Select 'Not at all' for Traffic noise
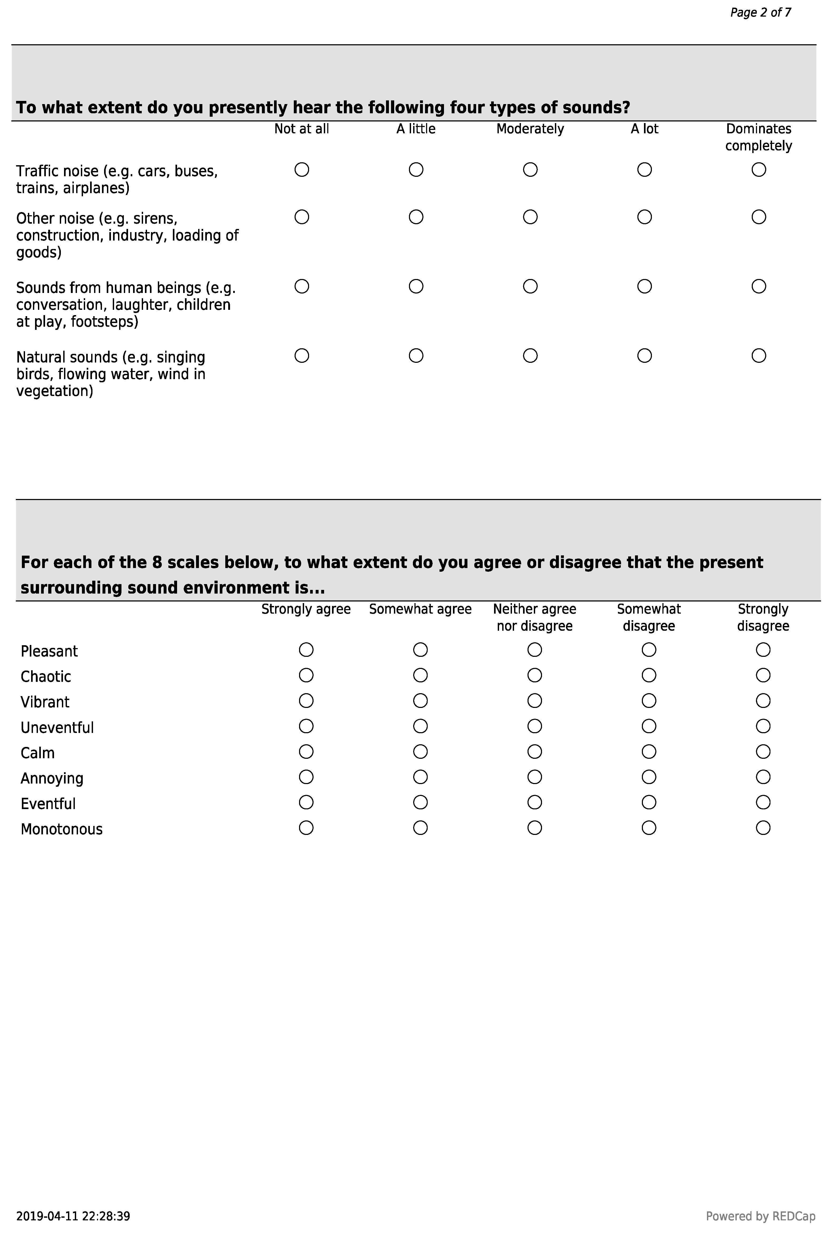(x=302, y=170)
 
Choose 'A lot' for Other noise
(x=644, y=217)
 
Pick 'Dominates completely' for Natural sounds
(x=759, y=356)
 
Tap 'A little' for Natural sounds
(x=416, y=356)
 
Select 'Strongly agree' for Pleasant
(x=306, y=650)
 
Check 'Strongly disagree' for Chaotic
(x=763, y=675)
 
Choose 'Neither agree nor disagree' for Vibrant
(x=535, y=701)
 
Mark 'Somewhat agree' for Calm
(x=420, y=751)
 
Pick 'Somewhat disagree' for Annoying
(x=649, y=777)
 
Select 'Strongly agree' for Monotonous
(x=306, y=828)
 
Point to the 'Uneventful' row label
(x=57, y=728)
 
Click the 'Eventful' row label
(x=48, y=804)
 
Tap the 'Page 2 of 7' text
(x=761, y=13)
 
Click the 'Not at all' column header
(x=302, y=129)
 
